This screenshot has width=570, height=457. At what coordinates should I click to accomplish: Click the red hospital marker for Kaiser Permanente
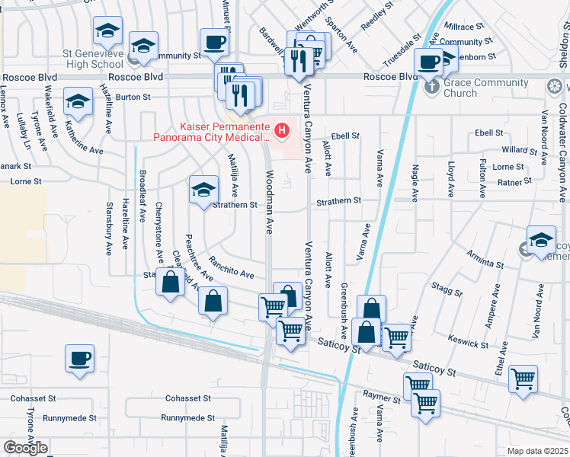pos(283,132)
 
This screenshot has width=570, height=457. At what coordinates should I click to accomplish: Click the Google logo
pos(25,448)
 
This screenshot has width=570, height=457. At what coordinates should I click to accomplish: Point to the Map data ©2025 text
pos(537,451)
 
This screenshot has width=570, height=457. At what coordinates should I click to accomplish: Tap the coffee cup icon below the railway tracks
pos(79,360)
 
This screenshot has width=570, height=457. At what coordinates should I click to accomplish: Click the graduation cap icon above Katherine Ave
pos(78,102)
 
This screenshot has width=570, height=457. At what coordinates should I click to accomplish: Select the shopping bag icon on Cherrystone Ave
pos(170,283)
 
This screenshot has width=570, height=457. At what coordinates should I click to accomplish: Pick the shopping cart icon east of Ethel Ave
pos(523,379)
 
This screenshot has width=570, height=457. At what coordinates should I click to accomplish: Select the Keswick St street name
pos(468,340)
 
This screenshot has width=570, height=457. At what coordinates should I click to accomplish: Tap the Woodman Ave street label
pos(270,201)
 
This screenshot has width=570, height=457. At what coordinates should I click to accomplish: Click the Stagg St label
pos(447,287)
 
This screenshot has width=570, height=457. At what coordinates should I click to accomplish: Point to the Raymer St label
pos(381,398)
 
